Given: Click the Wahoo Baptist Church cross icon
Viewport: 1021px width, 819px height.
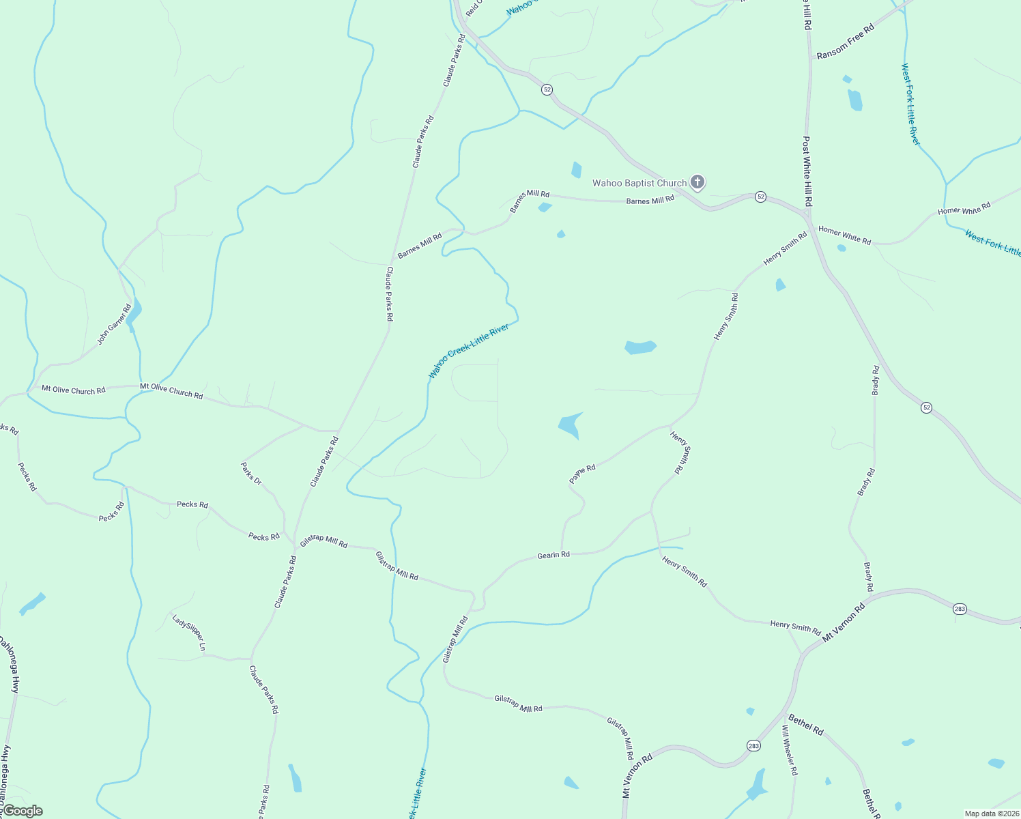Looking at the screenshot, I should (x=697, y=182).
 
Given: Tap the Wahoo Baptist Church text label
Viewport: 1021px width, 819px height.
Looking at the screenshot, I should (x=639, y=183).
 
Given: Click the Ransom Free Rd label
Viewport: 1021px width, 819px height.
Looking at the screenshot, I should (x=845, y=42).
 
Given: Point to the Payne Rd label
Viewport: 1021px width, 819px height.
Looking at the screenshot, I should (x=583, y=474).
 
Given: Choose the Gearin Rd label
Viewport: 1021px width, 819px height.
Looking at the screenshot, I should (x=553, y=556).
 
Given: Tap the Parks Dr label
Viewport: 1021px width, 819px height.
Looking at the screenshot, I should (x=251, y=474).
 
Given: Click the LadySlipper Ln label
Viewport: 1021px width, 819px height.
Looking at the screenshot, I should (x=189, y=633).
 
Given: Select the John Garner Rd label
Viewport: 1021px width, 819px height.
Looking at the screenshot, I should (x=113, y=324).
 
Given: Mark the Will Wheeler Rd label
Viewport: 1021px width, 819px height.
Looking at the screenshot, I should (x=789, y=750).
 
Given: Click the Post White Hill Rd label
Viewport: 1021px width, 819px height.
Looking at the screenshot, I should (x=807, y=171).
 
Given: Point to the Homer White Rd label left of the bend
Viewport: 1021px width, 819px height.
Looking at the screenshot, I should (x=844, y=235).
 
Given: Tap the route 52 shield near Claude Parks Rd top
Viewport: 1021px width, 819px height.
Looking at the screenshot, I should (x=547, y=89).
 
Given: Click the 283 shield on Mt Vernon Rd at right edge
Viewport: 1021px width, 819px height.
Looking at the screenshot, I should (x=960, y=609).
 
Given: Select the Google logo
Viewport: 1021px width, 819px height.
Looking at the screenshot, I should (x=23, y=811).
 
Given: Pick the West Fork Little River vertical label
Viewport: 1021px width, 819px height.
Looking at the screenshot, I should (x=910, y=104).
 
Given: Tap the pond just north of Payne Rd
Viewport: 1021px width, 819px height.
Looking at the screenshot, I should (x=570, y=426).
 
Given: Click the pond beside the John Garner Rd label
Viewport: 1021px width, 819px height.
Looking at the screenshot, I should (x=133, y=313).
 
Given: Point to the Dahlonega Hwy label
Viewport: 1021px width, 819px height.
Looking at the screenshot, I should (x=10, y=665).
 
